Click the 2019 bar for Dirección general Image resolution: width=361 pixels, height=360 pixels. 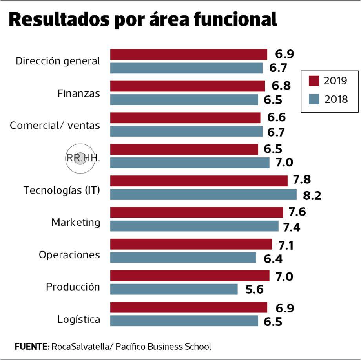(x=188, y=55)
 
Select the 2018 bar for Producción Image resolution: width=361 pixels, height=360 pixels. (x=174, y=289)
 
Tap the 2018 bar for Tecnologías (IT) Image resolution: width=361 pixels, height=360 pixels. (x=203, y=194)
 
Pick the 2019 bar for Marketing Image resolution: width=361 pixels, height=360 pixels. (x=196, y=212)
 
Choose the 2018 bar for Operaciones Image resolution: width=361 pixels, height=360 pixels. (x=183, y=258)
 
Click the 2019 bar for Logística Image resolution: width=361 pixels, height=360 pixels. (x=188, y=307)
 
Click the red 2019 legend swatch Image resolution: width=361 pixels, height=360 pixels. (x=314, y=81)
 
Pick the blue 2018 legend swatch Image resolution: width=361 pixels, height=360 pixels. (x=314, y=99)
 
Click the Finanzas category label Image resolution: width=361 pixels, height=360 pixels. (x=78, y=93)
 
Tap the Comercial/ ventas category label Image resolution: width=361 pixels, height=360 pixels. (x=55, y=126)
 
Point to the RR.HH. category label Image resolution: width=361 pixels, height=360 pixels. (x=83, y=159)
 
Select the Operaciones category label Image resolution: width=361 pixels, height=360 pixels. (x=69, y=255)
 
